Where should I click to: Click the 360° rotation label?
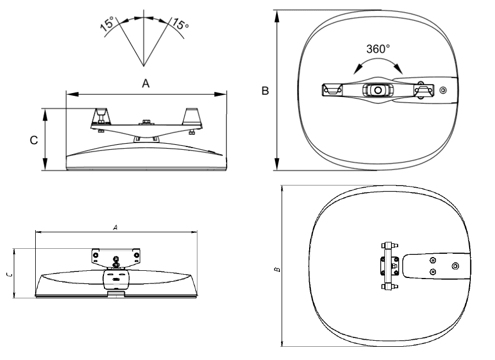[x=378, y=49]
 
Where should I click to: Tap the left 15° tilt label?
[x=107, y=24]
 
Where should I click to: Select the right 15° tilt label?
[x=180, y=24]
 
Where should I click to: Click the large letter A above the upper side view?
[x=146, y=84]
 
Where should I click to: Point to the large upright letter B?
[x=265, y=91]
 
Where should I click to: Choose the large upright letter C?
[x=34, y=140]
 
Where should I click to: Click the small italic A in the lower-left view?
[x=116, y=227]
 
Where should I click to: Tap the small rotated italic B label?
[x=277, y=270]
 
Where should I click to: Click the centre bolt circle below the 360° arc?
[x=377, y=90]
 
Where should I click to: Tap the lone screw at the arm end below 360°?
[x=443, y=91]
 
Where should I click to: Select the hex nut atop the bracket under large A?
[x=146, y=121]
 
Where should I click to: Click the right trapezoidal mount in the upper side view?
[x=192, y=117]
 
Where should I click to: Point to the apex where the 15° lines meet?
[x=144, y=67]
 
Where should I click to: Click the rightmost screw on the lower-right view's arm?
[x=455, y=266]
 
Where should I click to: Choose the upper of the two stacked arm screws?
[x=433, y=260]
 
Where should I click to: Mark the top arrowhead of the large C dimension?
[x=45, y=115]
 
